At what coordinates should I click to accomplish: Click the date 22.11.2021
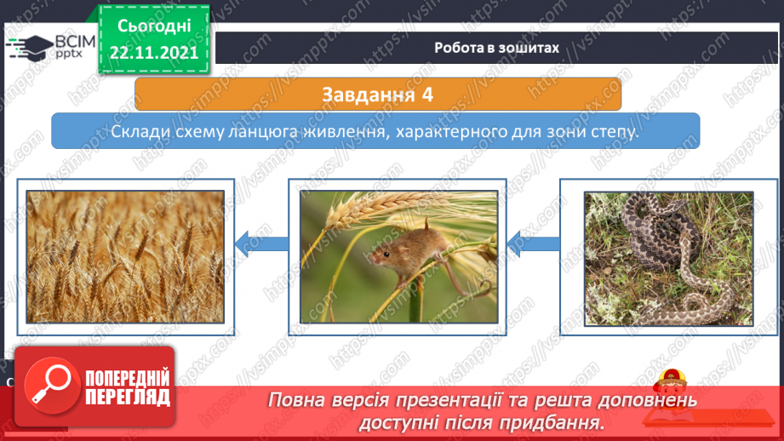154,53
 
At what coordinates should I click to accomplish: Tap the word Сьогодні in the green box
154,26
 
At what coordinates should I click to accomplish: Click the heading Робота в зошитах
496,48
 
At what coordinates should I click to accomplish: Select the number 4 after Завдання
427,94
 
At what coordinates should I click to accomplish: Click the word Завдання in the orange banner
368,94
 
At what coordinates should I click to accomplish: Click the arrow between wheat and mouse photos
261,243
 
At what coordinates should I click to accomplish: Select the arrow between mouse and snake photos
534,243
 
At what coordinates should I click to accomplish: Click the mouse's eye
386,255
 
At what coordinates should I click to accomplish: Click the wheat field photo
125,256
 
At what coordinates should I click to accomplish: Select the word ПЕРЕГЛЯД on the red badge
128,397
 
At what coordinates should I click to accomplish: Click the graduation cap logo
31,48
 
